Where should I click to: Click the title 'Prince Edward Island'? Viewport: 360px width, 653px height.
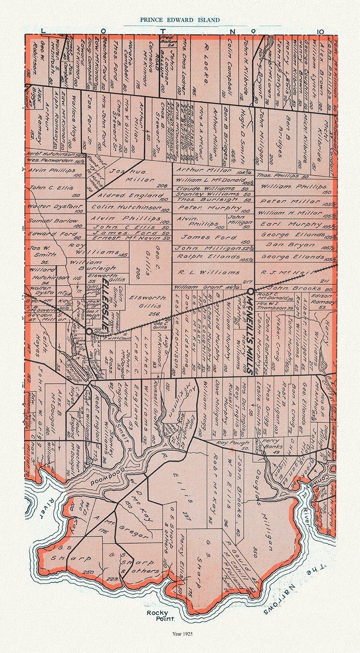(180, 20)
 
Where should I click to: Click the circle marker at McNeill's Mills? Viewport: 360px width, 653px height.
(251, 290)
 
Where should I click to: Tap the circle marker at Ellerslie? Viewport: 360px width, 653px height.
(89, 331)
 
